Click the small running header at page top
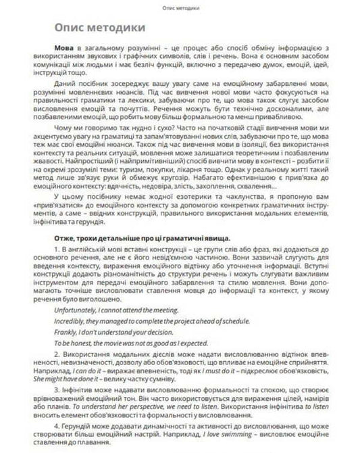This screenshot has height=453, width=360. pyautogui.click(x=180, y=7)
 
